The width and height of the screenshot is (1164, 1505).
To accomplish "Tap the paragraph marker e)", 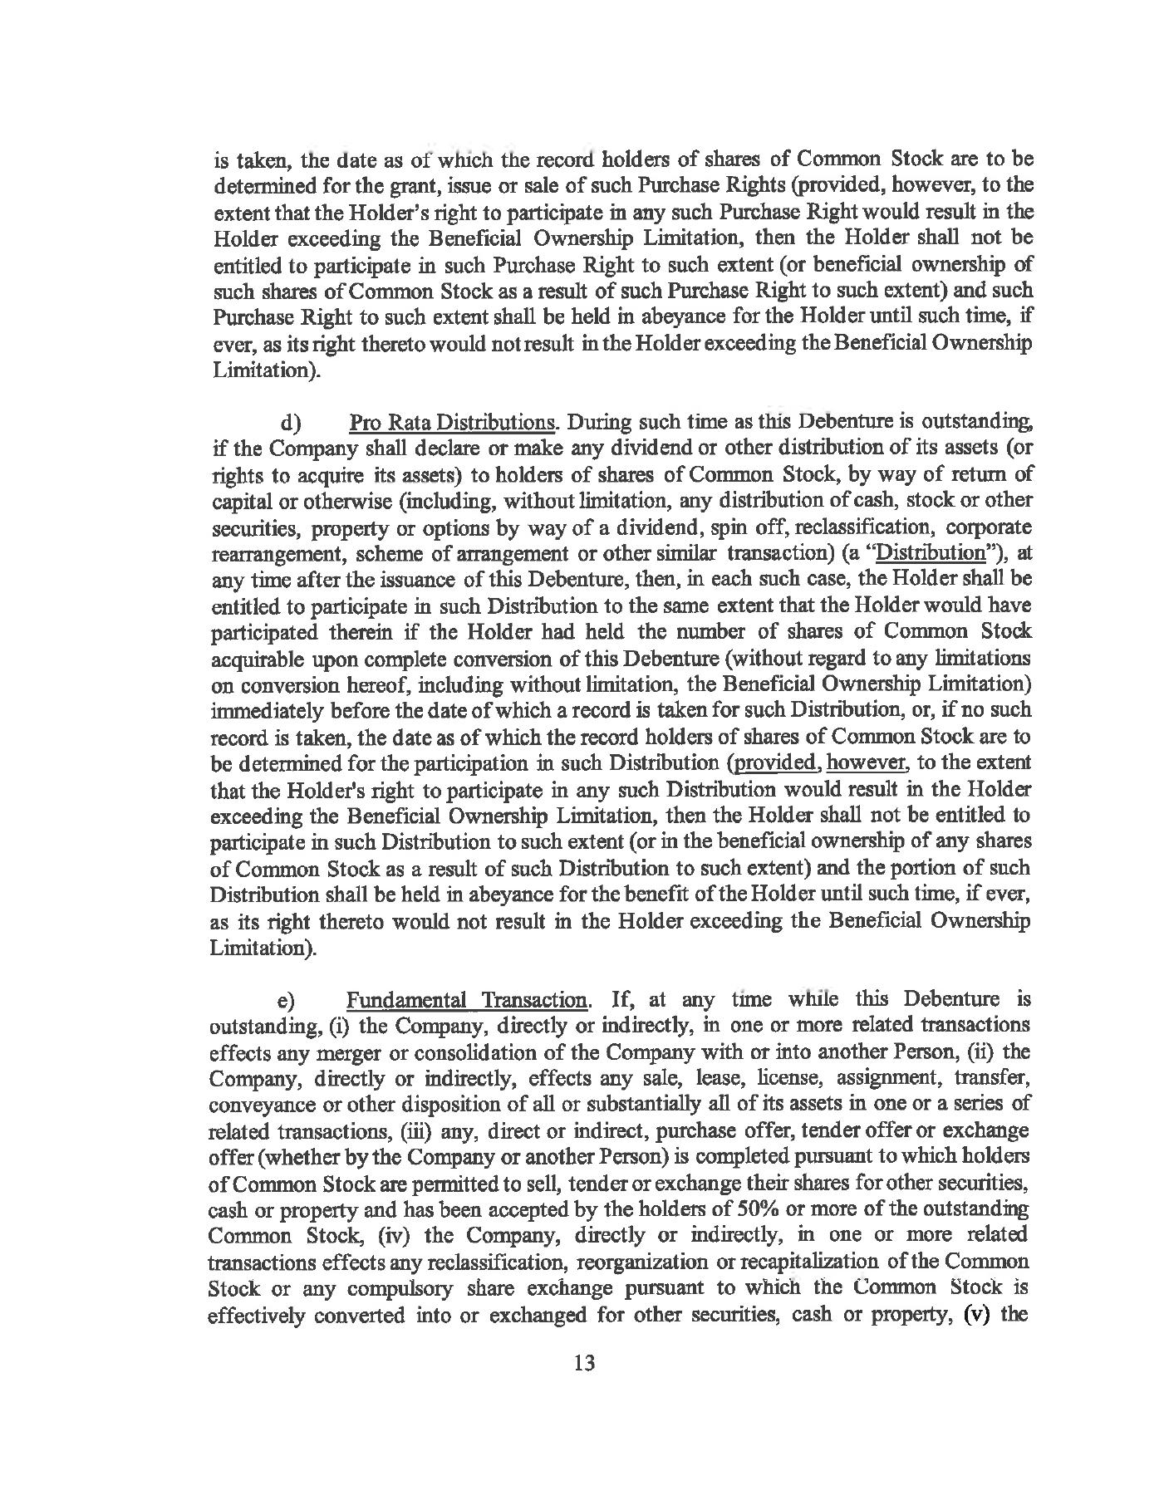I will [x=290, y=999].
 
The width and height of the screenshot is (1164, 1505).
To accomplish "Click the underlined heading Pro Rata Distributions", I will [x=453, y=422].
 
